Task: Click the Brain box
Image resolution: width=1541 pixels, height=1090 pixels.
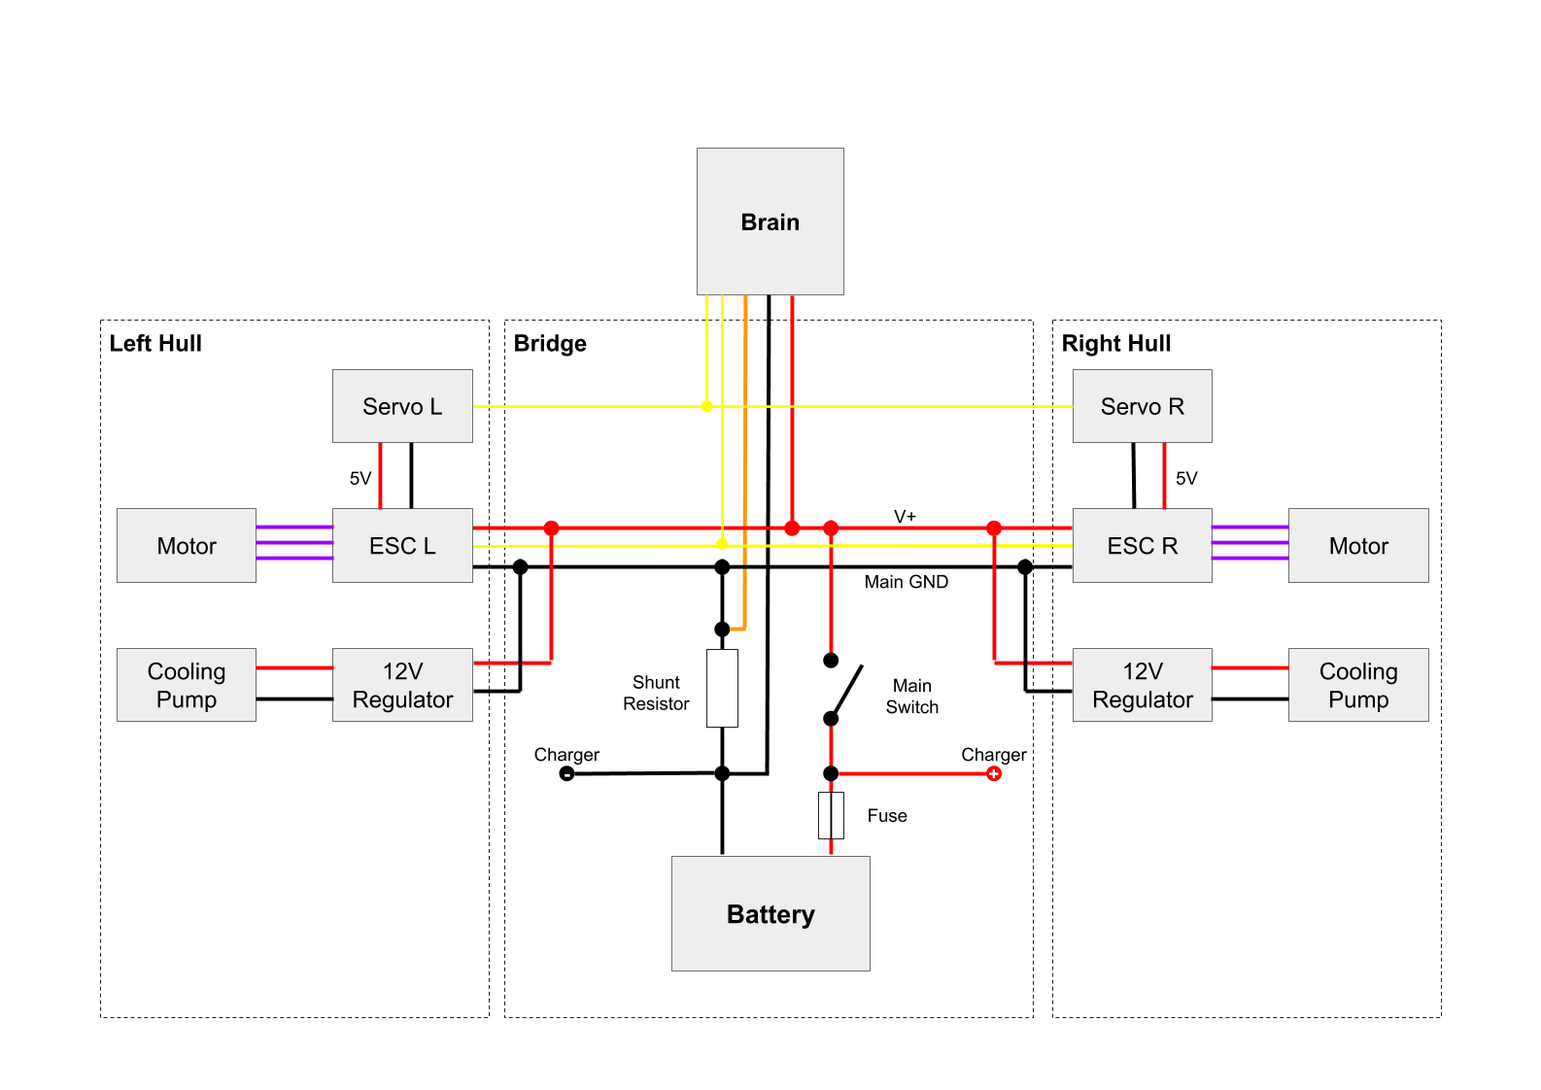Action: click(x=770, y=221)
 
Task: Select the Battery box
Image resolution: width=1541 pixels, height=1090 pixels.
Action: click(x=770, y=913)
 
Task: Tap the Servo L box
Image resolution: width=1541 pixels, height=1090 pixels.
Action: click(x=402, y=406)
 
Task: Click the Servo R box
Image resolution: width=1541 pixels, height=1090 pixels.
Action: click(x=1142, y=406)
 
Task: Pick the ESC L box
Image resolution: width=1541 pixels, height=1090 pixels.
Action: click(x=402, y=545)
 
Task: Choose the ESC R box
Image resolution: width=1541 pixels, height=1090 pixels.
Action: click(x=1142, y=545)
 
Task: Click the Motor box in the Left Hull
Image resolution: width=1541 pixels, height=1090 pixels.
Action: click(x=187, y=545)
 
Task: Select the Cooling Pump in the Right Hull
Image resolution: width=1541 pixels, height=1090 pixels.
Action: click(x=1357, y=685)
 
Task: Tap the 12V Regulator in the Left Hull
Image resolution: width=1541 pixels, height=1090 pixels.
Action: click(x=402, y=685)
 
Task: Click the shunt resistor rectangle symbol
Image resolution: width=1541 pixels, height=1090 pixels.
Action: click(x=722, y=688)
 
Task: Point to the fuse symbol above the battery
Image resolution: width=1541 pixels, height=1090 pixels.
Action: click(x=831, y=815)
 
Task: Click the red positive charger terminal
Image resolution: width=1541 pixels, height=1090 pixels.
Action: click(x=993, y=773)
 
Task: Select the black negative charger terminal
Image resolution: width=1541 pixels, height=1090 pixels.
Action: click(x=566, y=773)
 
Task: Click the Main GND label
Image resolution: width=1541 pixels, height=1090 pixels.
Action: click(x=906, y=582)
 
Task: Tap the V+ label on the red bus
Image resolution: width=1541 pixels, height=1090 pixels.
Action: click(x=905, y=516)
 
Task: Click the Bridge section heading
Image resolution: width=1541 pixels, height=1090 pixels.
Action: click(x=550, y=343)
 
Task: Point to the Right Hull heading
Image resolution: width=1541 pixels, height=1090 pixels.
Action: click(x=1115, y=343)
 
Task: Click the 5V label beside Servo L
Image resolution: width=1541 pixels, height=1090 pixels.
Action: click(x=360, y=478)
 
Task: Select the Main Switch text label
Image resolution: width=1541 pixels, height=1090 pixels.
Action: click(x=911, y=697)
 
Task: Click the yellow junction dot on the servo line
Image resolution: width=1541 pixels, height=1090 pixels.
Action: click(x=706, y=406)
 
